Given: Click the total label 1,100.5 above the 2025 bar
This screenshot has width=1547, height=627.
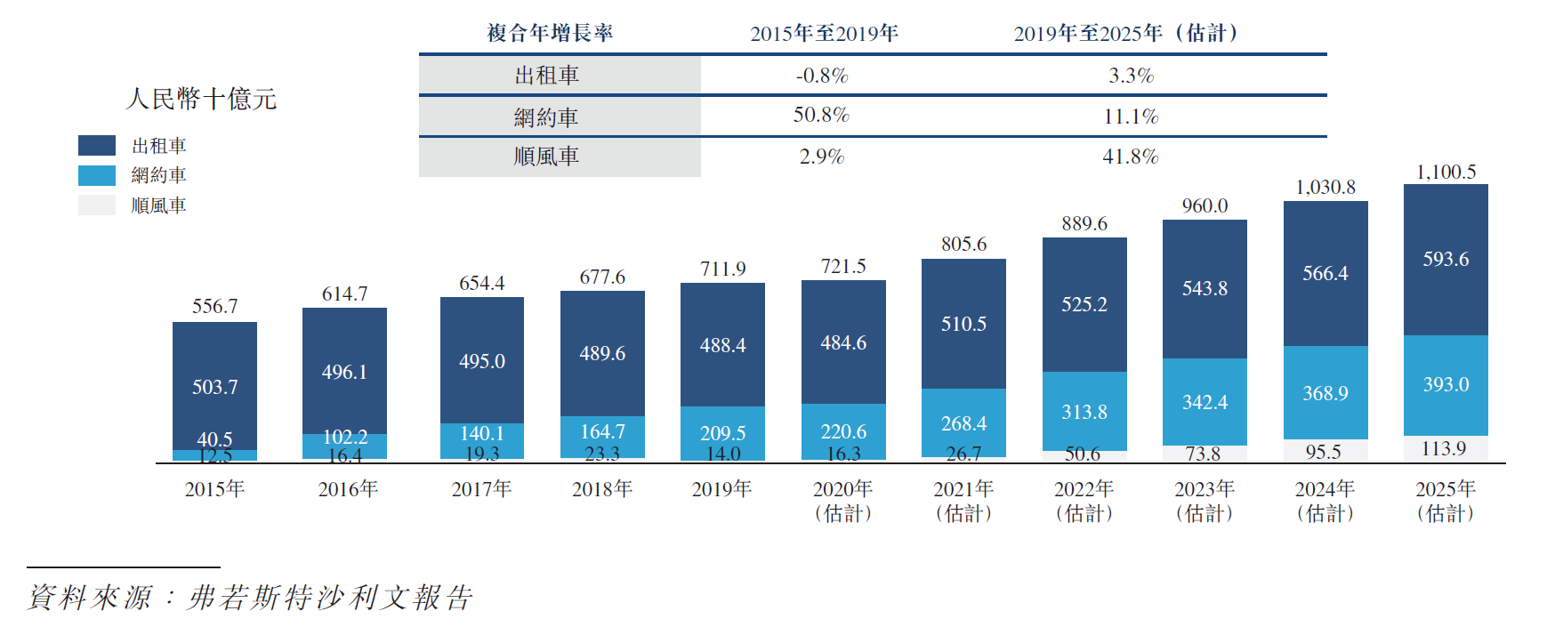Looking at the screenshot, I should pyautogui.click(x=1446, y=172).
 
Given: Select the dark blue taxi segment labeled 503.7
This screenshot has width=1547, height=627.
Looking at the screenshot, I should pyautogui.click(x=214, y=386).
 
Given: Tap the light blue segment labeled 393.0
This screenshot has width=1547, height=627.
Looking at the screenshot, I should pyautogui.click(x=1446, y=384).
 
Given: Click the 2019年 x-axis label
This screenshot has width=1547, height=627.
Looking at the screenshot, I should pyautogui.click(x=721, y=488).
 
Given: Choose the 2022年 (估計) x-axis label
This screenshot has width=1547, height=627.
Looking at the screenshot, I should pyautogui.click(x=1084, y=500).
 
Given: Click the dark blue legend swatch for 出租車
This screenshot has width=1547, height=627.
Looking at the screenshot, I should pyautogui.click(x=96, y=145).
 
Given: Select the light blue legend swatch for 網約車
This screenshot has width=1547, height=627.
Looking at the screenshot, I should pyautogui.click(x=96, y=175).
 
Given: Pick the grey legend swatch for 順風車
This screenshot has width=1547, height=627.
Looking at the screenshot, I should pyautogui.click(x=96, y=205).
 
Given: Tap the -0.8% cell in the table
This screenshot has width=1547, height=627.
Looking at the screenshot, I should pyautogui.click(x=821, y=76).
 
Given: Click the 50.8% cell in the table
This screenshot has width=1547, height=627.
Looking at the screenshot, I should pyautogui.click(x=821, y=116).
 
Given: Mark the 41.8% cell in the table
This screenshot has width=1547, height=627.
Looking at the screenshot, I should pyautogui.click(x=1130, y=157).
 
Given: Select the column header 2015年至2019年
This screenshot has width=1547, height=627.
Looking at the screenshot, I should pyautogui.click(x=824, y=34).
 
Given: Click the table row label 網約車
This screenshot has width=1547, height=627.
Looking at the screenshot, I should pyautogui.click(x=546, y=117).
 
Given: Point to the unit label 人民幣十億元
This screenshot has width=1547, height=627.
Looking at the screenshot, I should pyautogui.click(x=201, y=98).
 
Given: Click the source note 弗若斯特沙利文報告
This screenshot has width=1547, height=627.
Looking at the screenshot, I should pyautogui.click(x=329, y=597).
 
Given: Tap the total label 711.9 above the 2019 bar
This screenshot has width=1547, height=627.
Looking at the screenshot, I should pyautogui.click(x=722, y=269).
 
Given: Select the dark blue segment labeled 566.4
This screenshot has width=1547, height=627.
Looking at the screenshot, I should pyautogui.click(x=1325, y=273).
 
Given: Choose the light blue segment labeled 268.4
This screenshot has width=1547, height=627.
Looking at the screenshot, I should pyautogui.click(x=963, y=423).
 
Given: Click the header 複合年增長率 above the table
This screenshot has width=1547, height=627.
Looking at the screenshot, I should pyautogui.click(x=550, y=34).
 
